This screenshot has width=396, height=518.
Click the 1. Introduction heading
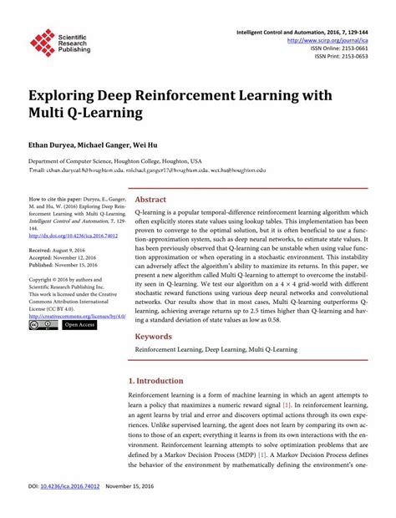[160, 380]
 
